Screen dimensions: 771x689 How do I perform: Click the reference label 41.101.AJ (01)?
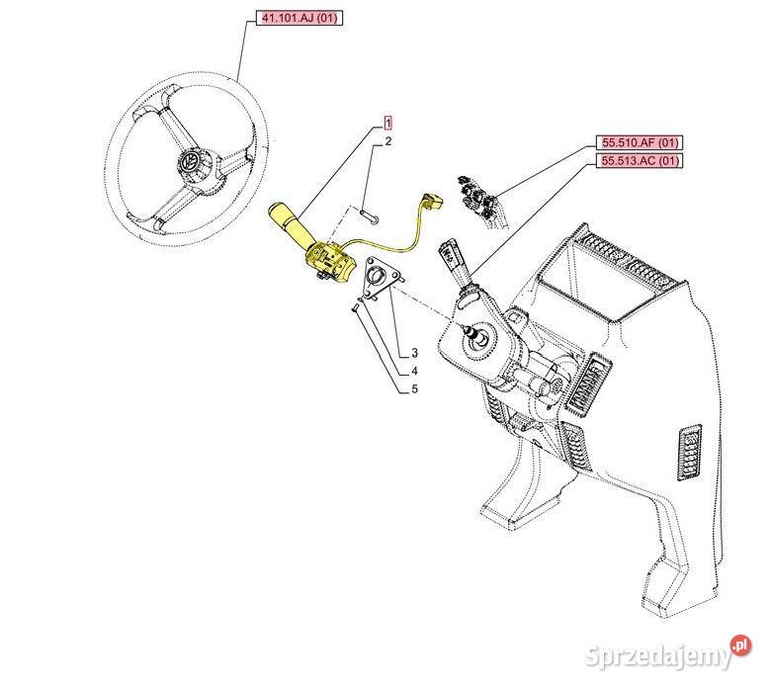pos(300,18)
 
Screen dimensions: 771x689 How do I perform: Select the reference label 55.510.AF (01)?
pos(640,142)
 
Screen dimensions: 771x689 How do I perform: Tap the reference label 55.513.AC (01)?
pos(640,161)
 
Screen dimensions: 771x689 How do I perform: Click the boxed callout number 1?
pos(387,123)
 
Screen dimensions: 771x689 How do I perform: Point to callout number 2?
pos(388,142)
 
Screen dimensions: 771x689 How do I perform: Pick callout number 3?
pos(415,353)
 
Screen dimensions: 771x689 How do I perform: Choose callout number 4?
pos(415,371)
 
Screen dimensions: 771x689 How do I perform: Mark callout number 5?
pos(415,389)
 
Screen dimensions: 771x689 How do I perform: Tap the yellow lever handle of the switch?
pos(286,221)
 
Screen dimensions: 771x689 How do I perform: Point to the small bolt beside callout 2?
pos(370,215)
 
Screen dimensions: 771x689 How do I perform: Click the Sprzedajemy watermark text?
pos(658,655)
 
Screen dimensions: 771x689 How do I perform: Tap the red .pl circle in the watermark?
pos(741,645)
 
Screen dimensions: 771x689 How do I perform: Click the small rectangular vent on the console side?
pos(690,453)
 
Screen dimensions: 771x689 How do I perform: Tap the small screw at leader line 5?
pos(355,307)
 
